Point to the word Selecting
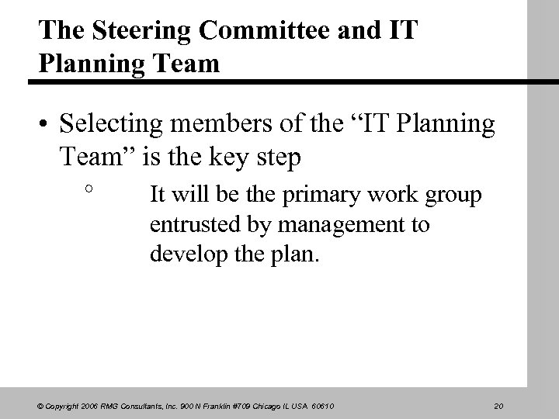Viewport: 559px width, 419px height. click(x=111, y=125)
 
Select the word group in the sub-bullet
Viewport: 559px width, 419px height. click(x=451, y=194)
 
